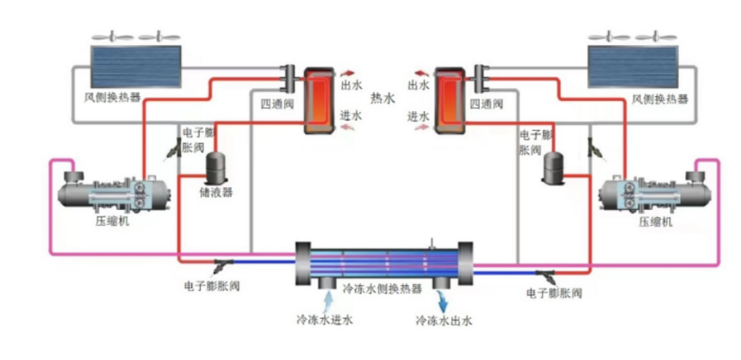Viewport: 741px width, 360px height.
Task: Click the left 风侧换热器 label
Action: click(x=112, y=98)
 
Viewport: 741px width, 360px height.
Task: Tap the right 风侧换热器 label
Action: click(x=660, y=99)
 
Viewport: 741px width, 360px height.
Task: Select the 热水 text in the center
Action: click(x=383, y=98)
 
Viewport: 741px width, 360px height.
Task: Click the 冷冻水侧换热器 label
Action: click(x=382, y=289)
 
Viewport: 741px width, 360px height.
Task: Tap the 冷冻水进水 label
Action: click(x=324, y=320)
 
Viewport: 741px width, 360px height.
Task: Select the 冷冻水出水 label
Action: click(x=444, y=320)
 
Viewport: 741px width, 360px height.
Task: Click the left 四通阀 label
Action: click(x=277, y=104)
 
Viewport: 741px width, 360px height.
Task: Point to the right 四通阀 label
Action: click(x=486, y=103)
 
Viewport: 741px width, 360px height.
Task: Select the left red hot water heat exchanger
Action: click(x=320, y=101)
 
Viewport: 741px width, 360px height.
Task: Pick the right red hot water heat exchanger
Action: click(x=450, y=101)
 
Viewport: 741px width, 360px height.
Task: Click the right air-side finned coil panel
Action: click(x=632, y=66)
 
